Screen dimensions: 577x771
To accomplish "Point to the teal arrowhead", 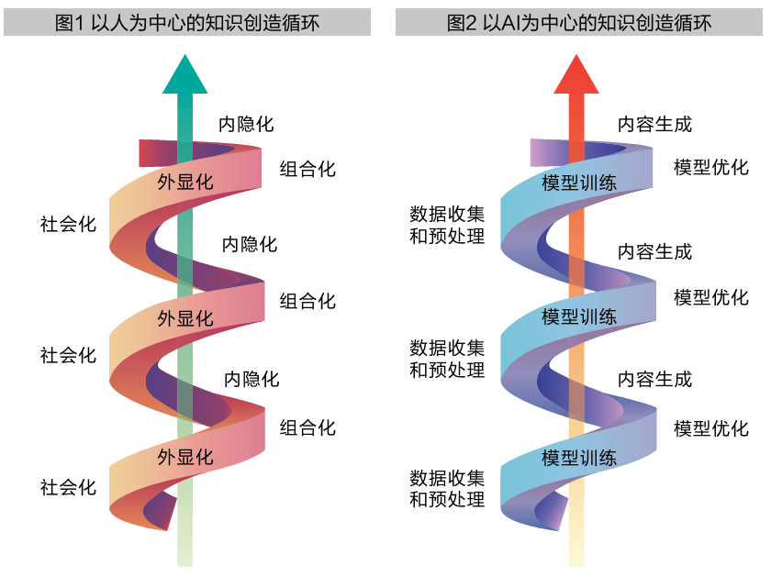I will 185,75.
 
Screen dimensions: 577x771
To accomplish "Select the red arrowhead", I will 576,75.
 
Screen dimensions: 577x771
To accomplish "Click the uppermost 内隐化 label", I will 245,125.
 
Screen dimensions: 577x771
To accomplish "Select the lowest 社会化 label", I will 68,487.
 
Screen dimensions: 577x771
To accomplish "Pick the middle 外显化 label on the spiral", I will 185,318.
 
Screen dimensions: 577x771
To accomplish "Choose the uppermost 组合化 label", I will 307,169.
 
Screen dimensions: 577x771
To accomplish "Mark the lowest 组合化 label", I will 307,427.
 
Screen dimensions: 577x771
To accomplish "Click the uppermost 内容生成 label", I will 654,125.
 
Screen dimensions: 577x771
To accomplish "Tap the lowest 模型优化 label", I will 711,427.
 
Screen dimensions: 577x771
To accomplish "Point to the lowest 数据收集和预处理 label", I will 446,489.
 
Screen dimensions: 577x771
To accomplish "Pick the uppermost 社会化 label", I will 68,224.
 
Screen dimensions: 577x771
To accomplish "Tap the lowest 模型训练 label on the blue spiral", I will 578,458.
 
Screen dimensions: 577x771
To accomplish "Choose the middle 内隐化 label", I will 249,244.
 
